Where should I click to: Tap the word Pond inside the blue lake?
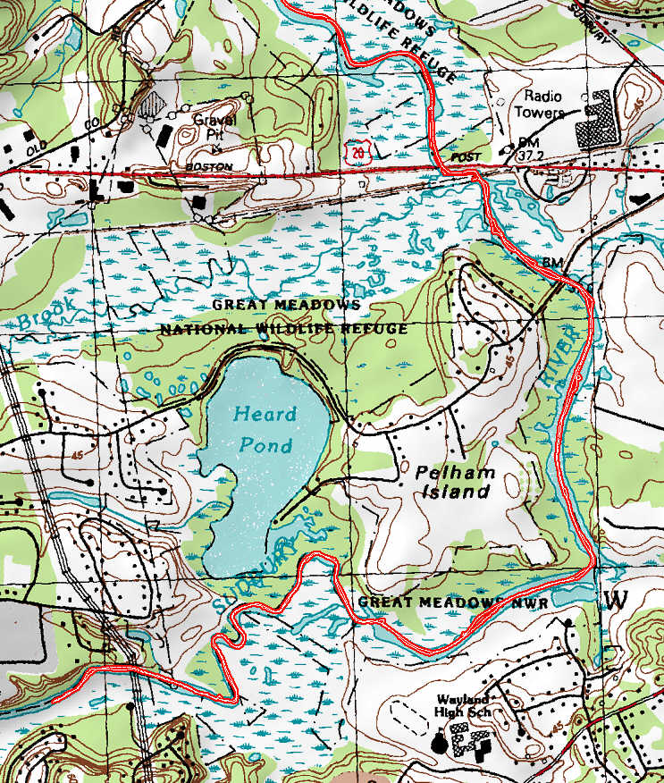pyautogui.click(x=265, y=444)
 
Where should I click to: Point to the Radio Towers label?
pyautogui.click(x=543, y=104)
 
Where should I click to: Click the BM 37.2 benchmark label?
pyautogui.click(x=529, y=150)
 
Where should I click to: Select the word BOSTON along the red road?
pyautogui.click(x=208, y=167)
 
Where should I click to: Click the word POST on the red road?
pyautogui.click(x=466, y=157)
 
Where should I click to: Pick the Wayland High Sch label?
pyautogui.click(x=464, y=706)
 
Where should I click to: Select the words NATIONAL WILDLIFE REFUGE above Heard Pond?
pyautogui.click(x=283, y=329)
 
